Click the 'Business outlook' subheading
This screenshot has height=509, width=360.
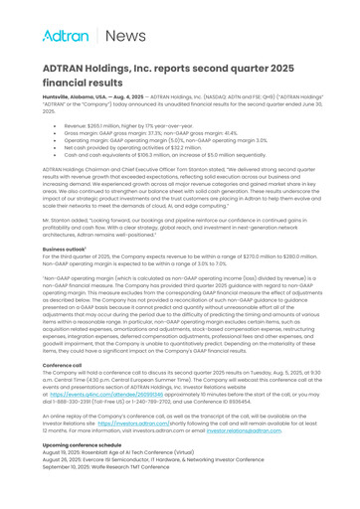pyautogui.click(x=64, y=248)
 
